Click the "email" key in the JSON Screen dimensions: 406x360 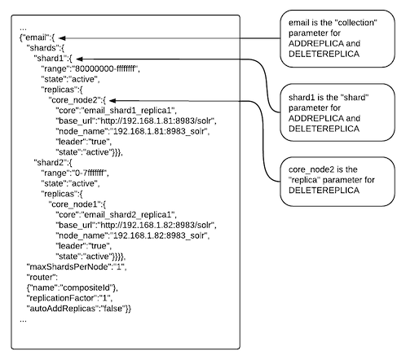36,37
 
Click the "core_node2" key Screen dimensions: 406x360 75,100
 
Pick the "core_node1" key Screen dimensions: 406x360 75,204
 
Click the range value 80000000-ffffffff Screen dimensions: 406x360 104,68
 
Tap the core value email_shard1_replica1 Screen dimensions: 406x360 128,111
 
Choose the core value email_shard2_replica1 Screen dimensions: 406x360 128,215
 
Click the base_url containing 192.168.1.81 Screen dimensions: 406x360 156,121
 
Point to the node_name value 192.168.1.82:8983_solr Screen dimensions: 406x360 159,235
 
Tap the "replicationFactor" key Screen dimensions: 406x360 62,298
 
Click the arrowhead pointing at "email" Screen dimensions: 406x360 61,38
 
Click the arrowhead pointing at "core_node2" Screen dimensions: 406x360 113,101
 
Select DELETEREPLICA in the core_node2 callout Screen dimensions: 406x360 324,191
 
